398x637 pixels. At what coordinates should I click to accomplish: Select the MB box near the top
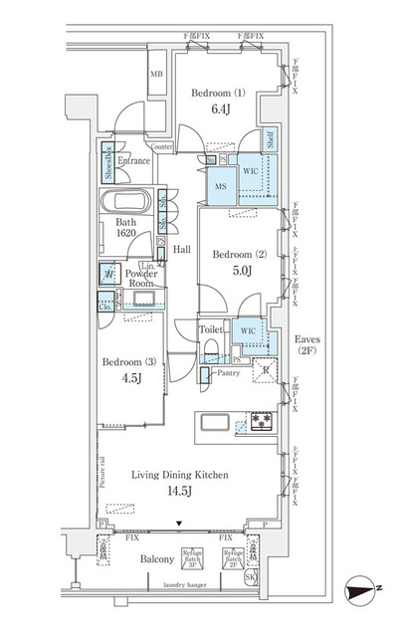157,76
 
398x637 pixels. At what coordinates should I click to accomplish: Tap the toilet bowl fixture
210,349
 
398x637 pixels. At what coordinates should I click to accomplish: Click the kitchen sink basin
219,422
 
